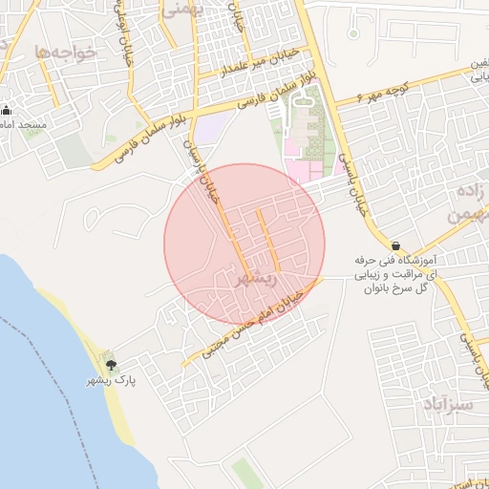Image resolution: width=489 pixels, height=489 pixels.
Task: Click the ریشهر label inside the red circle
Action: point(255,278)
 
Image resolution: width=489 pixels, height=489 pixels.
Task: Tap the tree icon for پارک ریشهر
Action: point(112,364)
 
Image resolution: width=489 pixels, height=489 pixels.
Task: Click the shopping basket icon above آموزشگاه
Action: point(395,245)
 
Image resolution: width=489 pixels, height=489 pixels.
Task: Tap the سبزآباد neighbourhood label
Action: point(445,404)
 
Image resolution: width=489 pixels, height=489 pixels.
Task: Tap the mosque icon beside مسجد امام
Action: point(7,110)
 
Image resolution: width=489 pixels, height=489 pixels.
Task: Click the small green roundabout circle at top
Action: point(353,32)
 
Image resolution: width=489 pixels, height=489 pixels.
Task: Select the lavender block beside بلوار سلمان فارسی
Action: point(213,128)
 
